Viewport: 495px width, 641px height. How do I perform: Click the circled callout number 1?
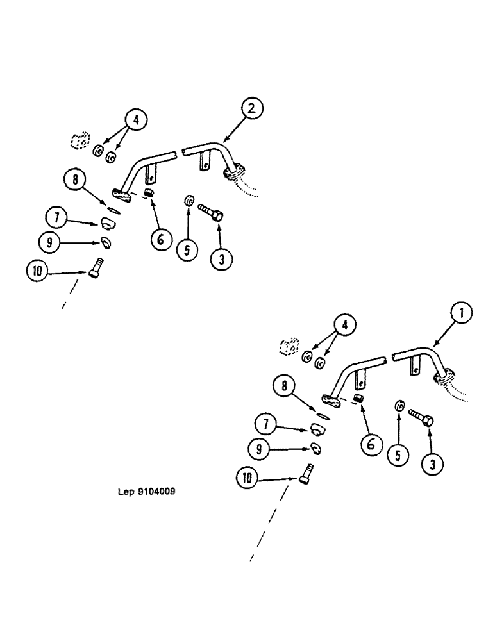coord(462,314)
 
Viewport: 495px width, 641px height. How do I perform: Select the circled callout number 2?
coord(252,109)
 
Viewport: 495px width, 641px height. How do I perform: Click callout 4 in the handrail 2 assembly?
coord(136,120)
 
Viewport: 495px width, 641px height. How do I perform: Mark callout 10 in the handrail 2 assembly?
coord(37,271)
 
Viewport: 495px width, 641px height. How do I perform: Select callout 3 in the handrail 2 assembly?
coord(221,258)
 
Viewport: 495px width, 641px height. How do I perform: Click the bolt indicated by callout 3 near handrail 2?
coord(210,213)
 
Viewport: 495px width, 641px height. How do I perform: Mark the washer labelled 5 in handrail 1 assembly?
coord(398,405)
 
